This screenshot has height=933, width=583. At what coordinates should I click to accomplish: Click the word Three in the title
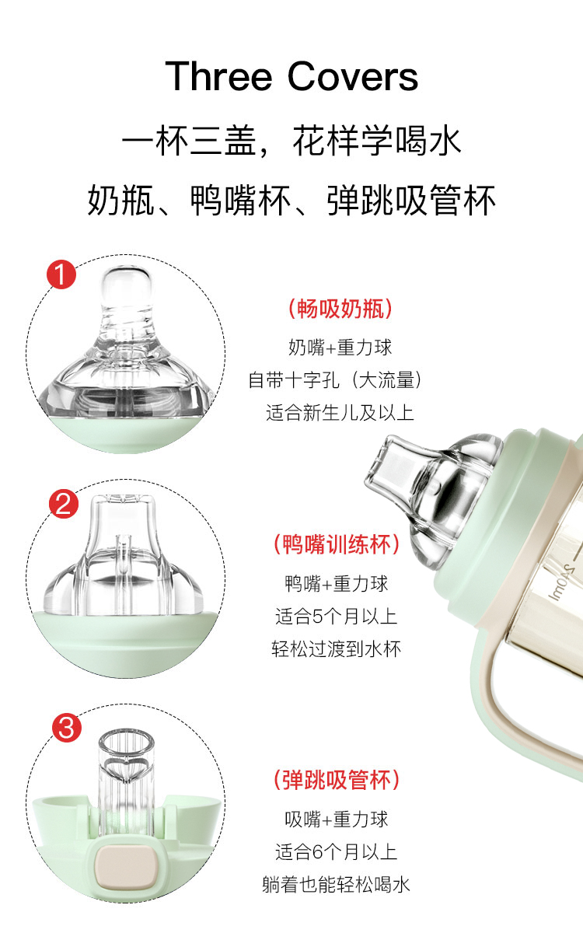click(218, 76)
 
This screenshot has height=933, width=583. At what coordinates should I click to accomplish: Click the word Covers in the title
click(353, 76)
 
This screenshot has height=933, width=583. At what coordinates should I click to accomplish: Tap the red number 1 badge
click(61, 274)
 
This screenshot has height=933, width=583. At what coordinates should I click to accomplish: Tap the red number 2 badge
click(64, 504)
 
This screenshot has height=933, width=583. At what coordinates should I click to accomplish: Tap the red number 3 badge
click(67, 728)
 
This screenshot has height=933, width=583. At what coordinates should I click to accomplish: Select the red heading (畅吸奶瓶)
click(340, 309)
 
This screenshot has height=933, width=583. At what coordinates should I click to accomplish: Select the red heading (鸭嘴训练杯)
click(337, 544)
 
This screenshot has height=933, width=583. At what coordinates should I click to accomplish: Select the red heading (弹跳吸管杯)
click(337, 780)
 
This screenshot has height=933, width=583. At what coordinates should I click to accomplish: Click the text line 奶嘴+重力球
click(340, 347)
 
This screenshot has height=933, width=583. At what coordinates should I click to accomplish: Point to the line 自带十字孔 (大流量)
click(335, 380)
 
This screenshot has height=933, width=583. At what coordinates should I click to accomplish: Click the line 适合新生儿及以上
click(340, 413)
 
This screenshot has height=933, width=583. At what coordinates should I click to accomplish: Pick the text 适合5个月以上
click(336, 616)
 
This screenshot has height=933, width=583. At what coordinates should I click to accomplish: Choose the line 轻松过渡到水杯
click(336, 649)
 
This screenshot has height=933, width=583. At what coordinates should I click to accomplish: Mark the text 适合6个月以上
click(336, 851)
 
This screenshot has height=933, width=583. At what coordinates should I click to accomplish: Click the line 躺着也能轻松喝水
click(336, 884)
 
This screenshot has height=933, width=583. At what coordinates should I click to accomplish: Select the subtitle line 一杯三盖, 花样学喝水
click(291, 141)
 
